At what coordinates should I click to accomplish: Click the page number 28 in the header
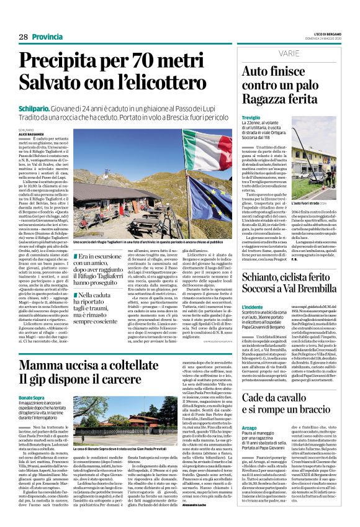coord(23,37)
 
